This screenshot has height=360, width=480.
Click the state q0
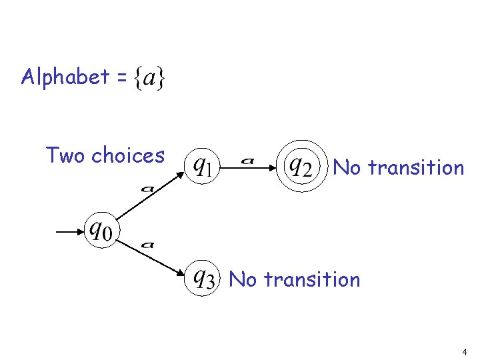click(x=100, y=231)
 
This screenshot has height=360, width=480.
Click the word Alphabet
click(x=65, y=77)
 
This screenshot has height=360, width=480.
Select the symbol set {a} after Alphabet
click(x=150, y=78)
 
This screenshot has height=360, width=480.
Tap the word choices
click(x=127, y=155)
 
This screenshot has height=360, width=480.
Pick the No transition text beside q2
click(x=398, y=167)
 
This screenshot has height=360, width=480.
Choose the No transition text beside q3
click(x=294, y=279)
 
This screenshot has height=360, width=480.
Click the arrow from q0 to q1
click(x=153, y=196)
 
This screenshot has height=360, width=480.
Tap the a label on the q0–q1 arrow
click(x=147, y=189)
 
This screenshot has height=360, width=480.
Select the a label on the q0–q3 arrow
click(x=148, y=245)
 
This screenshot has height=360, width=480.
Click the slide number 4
click(x=463, y=351)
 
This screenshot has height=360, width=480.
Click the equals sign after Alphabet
click(x=120, y=79)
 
